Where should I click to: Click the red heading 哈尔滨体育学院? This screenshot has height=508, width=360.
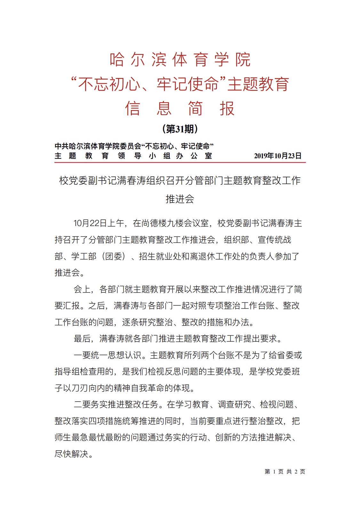(x=180, y=60)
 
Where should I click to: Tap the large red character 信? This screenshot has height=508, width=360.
(x=132, y=108)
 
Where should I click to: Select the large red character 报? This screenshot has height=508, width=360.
(x=227, y=108)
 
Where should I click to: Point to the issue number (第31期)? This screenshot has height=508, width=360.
(x=180, y=129)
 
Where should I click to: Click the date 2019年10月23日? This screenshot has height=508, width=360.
(x=277, y=156)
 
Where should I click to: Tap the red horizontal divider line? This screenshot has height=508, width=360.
(x=180, y=162)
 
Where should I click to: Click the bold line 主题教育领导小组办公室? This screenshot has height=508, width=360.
(x=133, y=156)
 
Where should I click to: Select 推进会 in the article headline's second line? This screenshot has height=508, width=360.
(x=180, y=199)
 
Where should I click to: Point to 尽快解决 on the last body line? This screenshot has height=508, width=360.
(x=71, y=454)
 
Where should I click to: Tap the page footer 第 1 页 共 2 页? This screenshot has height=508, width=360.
(x=285, y=472)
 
